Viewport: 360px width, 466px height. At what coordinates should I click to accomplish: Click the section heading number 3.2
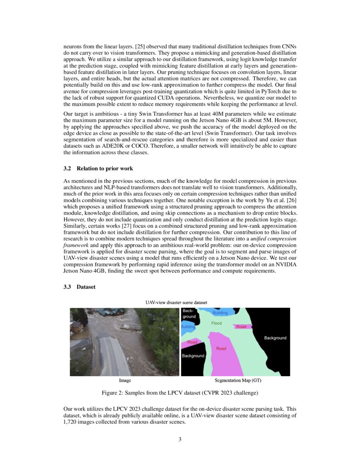click(67, 169)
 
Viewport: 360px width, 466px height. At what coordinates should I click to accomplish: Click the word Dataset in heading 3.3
click(86, 287)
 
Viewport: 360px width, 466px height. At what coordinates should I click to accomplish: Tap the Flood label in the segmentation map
click(216, 323)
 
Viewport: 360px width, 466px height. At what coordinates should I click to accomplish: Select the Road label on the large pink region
click(221, 349)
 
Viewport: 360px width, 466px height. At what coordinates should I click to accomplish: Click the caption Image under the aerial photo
click(125, 381)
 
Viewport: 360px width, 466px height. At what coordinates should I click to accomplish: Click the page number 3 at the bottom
click(180, 439)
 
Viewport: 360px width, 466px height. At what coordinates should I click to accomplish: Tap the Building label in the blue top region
click(220, 313)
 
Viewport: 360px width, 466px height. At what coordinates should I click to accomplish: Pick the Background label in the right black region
click(275, 338)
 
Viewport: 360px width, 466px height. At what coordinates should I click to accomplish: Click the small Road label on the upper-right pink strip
click(241, 327)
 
